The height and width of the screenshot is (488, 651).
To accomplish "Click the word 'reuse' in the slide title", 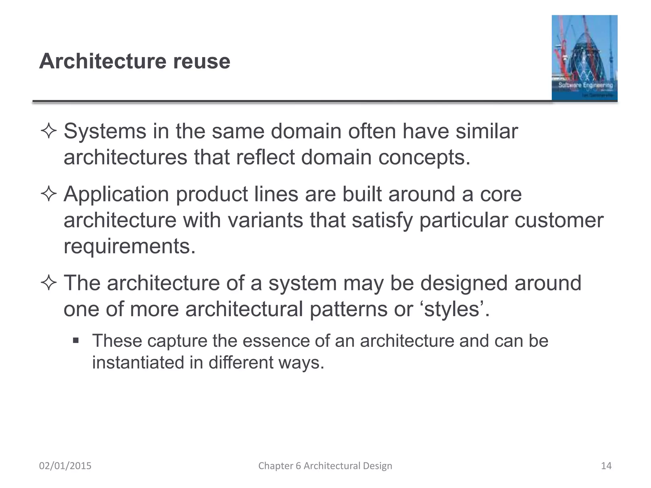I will [x=202, y=61].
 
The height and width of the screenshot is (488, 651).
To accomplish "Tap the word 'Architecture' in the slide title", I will [x=102, y=61].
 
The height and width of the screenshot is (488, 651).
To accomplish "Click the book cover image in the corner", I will [x=584, y=58].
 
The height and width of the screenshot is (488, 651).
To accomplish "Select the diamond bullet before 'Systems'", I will [x=49, y=131].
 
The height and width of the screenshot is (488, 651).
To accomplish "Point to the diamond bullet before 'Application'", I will [x=49, y=194].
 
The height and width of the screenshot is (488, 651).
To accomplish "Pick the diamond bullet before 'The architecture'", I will [x=49, y=283].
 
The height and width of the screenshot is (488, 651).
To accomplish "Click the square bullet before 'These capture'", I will [x=76, y=341].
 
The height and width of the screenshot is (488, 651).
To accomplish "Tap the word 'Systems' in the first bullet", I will [x=105, y=131].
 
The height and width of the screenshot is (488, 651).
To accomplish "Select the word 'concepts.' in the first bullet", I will [x=424, y=157].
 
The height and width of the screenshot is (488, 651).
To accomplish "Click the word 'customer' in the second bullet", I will [x=559, y=220].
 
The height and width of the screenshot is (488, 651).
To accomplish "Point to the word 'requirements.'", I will [x=129, y=246].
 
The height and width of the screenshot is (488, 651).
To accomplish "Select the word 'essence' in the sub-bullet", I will [x=276, y=341].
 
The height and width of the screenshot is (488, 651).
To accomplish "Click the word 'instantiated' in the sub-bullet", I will [x=138, y=363].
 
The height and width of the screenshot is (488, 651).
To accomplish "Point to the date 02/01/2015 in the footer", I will [x=65, y=466].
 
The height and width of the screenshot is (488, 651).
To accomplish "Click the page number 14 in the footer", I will [x=606, y=466].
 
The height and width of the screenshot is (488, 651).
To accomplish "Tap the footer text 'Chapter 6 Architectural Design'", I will [x=325, y=466].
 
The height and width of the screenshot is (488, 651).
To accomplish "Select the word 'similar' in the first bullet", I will [x=487, y=131].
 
